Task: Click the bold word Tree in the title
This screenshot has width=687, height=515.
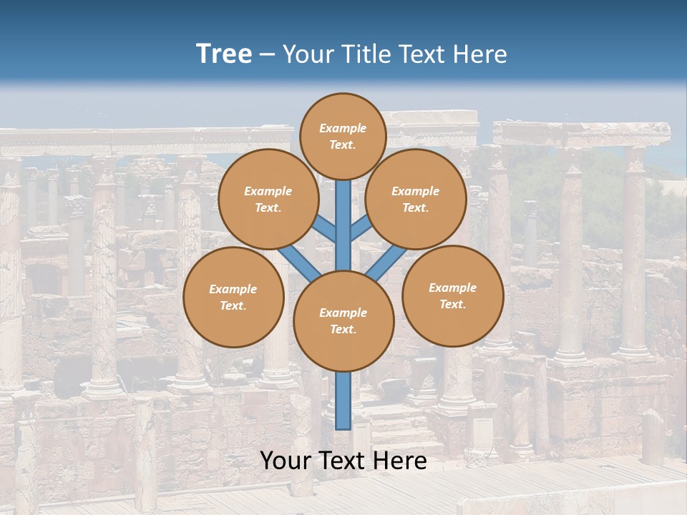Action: click(x=224, y=54)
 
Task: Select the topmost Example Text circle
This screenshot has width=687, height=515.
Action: click(x=343, y=136)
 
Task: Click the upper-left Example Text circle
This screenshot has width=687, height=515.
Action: click(x=268, y=199)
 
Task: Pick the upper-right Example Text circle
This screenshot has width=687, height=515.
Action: click(x=415, y=199)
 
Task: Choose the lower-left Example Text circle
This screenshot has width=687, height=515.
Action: click(x=233, y=297)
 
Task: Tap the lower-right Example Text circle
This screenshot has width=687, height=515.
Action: click(x=452, y=295)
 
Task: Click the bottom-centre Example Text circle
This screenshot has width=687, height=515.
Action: click(x=343, y=320)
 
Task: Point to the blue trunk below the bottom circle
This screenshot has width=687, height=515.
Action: click(x=343, y=401)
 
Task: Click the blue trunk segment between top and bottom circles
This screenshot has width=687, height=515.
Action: click(x=343, y=222)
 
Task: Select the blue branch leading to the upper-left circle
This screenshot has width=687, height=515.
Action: click(x=326, y=230)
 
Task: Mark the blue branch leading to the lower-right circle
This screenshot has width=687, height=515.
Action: click(x=386, y=263)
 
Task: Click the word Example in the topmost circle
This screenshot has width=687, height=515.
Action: click(x=343, y=128)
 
